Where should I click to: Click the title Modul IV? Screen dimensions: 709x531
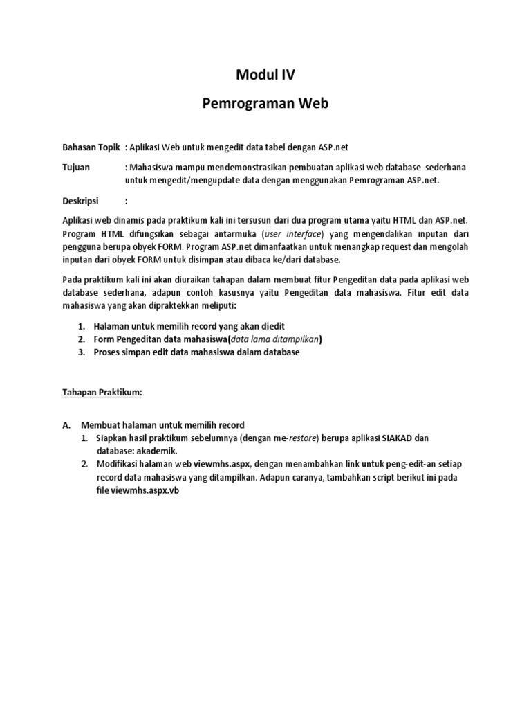tap(265, 75)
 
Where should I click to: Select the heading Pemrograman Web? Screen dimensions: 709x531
tap(265, 104)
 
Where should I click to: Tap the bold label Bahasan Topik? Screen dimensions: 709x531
tap(91, 147)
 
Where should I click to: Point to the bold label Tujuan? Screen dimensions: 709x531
tap(77, 168)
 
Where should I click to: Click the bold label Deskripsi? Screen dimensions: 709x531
tap(82, 201)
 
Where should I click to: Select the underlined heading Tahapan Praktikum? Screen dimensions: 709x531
tap(103, 392)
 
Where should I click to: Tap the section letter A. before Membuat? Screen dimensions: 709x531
tap(68, 425)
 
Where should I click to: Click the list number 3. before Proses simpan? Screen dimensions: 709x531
tap(81, 352)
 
